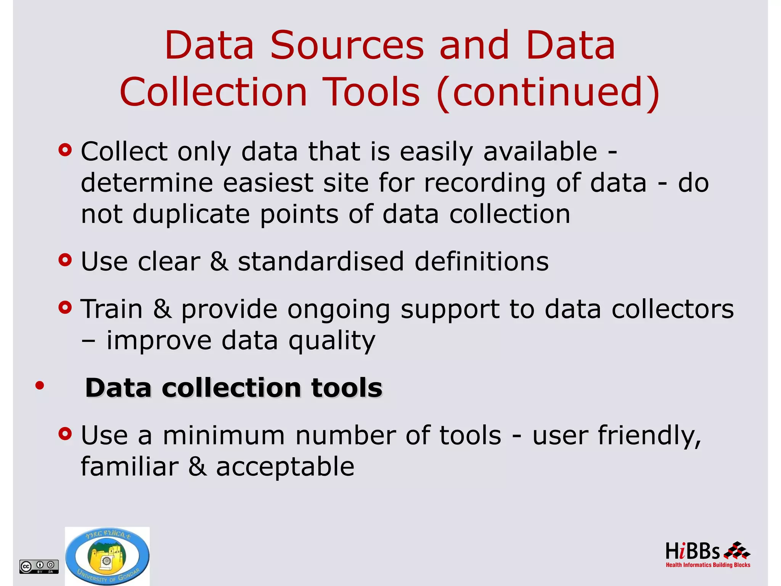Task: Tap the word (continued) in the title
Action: [x=548, y=92]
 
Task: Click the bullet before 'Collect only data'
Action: [x=65, y=150]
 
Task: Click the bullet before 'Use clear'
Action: [x=65, y=260]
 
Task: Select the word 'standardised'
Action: [x=321, y=262]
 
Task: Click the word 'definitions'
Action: [x=481, y=262]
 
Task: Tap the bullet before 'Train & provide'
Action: [x=65, y=307]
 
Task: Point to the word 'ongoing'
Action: [x=339, y=310]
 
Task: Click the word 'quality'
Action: [x=332, y=341]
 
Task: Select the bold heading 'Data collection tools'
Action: [x=233, y=388]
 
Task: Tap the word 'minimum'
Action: [x=224, y=436]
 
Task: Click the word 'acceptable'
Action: [x=285, y=467]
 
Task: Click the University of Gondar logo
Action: [x=107, y=556]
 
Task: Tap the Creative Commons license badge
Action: [x=39, y=567]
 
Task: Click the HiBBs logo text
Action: [x=692, y=552]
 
